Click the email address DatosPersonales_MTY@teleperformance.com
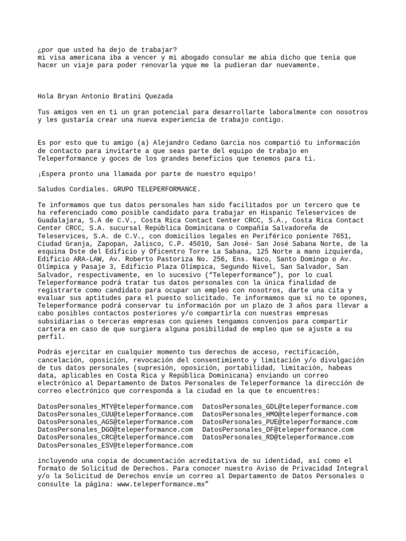(115, 406)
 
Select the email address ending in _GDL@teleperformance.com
(280, 406)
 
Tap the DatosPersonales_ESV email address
(115, 445)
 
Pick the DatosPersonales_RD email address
(278, 437)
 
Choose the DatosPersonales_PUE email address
(280, 422)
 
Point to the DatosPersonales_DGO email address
(115, 430)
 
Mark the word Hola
(46, 96)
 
